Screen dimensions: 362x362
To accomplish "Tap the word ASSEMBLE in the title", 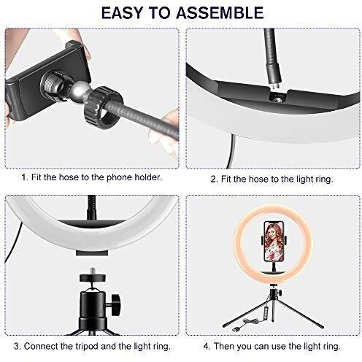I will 223,14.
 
